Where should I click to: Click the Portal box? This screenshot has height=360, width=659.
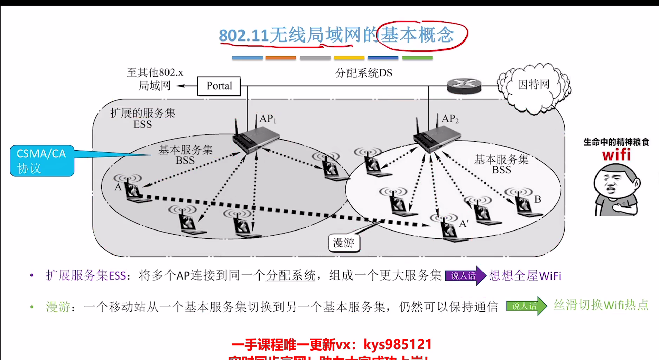(x=219, y=86)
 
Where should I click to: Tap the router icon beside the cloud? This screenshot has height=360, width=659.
(x=464, y=86)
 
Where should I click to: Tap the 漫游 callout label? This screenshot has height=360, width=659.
(x=344, y=243)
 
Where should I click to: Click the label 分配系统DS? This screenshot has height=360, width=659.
(x=364, y=73)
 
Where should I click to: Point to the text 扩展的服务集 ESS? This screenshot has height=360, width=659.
(x=143, y=118)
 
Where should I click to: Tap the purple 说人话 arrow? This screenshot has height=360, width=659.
(x=465, y=276)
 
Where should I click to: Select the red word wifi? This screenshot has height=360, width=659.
(x=616, y=154)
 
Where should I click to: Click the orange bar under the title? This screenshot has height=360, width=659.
(x=280, y=58)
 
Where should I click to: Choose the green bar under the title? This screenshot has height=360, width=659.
(x=417, y=58)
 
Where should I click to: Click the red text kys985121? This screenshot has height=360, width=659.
(x=398, y=344)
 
